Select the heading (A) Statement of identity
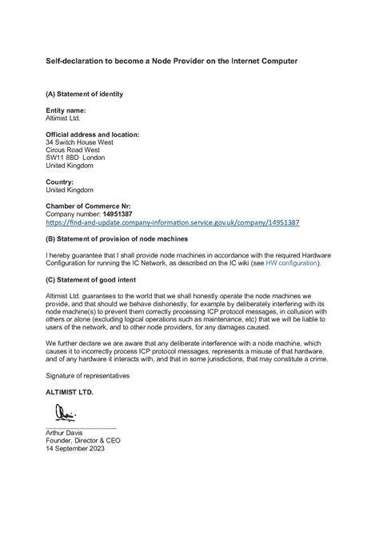(84, 94)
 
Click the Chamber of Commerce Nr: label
(86, 206)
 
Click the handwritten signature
(65, 414)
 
